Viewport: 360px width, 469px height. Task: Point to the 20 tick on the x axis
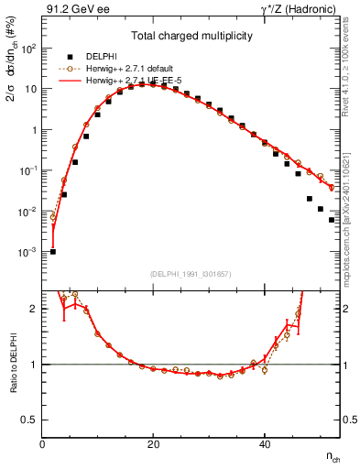(154, 444)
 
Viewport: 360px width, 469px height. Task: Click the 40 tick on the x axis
(265, 444)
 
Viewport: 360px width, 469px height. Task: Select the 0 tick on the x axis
(43, 444)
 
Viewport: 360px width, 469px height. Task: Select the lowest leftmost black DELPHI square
(53, 251)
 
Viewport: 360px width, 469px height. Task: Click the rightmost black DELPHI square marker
(332, 220)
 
